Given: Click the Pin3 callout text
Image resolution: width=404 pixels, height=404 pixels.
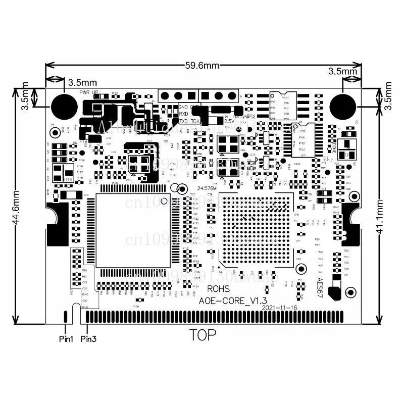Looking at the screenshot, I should click(88, 338).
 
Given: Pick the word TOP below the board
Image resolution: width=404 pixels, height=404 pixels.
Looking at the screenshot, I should click(203, 334).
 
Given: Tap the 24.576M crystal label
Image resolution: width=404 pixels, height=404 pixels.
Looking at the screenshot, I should click(207, 188).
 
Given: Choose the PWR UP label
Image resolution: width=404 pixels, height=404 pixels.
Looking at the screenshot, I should click(89, 92).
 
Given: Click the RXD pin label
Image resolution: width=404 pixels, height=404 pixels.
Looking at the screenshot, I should click(184, 114).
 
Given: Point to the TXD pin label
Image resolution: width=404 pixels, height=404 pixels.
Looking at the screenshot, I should click(184, 121).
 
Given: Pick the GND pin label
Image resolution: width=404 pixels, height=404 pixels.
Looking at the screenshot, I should click(183, 107).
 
